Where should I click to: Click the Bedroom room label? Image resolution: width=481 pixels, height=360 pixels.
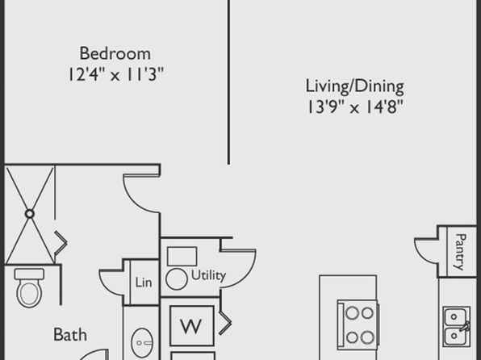[115, 53]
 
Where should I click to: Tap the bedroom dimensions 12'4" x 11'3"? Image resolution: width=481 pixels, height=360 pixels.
[115, 74]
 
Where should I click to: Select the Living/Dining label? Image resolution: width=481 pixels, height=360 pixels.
[354, 86]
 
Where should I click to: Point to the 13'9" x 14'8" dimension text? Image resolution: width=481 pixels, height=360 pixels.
[354, 107]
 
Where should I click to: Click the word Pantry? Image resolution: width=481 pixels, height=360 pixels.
[461, 252]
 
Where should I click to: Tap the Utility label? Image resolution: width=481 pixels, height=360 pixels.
[208, 275]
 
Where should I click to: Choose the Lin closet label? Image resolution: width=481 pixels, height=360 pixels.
[144, 283]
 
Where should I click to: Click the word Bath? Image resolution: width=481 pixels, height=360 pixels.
[70, 334]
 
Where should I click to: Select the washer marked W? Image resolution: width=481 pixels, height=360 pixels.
[192, 326]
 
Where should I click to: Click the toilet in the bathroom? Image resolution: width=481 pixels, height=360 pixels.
[29, 288]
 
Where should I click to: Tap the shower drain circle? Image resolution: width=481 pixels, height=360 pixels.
[29, 214]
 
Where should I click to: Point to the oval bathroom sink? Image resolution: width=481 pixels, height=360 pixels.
[141, 343]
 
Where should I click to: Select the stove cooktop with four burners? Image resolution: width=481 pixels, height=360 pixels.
[358, 325]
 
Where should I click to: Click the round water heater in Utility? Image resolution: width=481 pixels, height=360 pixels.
[177, 279]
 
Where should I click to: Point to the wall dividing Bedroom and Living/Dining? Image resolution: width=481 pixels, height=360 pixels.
[228, 82]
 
